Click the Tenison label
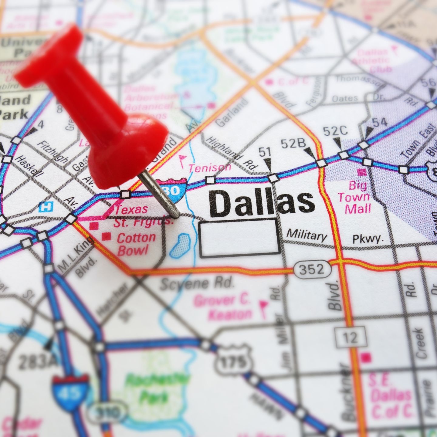210,168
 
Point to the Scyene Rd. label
197,284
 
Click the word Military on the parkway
307,235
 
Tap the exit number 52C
335,131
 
